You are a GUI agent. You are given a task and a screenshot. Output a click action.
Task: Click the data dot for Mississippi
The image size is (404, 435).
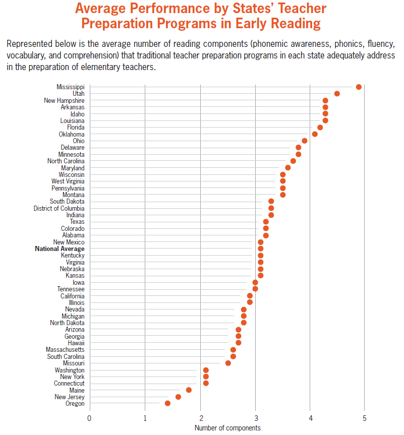pyautogui.click(x=359, y=87)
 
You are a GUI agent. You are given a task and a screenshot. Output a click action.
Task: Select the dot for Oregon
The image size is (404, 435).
pyautogui.click(x=167, y=403)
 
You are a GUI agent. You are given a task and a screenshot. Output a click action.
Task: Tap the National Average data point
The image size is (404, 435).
pyautogui.click(x=260, y=248)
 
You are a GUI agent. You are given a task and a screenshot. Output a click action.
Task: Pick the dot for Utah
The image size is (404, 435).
pyautogui.click(x=337, y=93)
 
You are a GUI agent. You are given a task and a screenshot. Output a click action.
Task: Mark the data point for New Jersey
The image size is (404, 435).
pyautogui.click(x=178, y=397)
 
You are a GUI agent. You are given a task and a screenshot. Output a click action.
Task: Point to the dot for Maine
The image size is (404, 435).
pyautogui.click(x=189, y=390)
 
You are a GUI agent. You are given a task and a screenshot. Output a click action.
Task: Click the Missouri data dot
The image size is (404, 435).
pyautogui.click(x=228, y=363)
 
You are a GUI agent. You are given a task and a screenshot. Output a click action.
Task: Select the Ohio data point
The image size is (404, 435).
pyautogui.click(x=304, y=141)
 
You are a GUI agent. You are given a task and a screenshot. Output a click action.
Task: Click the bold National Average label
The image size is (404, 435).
pyautogui.click(x=60, y=248)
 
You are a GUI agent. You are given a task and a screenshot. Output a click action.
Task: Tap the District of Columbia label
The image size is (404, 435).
pyautogui.click(x=59, y=208)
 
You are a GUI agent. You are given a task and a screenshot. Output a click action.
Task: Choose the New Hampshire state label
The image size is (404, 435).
pyautogui.click(x=64, y=100)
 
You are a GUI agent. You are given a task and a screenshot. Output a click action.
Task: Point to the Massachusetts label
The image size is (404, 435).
pyautogui.click(x=65, y=349)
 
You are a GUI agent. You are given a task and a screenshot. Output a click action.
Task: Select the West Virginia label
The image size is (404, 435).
pyautogui.click(x=68, y=181)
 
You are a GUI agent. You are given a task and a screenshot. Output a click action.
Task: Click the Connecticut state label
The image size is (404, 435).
pyautogui.click(x=69, y=383)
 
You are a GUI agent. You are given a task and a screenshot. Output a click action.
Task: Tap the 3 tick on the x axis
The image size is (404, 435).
pyautogui.click(x=255, y=418)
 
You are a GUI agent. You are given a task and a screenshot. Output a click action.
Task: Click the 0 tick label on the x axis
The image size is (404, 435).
pyautogui.click(x=89, y=418)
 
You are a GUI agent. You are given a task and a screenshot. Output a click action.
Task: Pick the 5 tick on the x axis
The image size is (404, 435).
pyautogui.click(x=364, y=418)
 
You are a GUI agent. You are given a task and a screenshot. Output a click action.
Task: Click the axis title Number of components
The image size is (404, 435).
pyautogui.click(x=227, y=428)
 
